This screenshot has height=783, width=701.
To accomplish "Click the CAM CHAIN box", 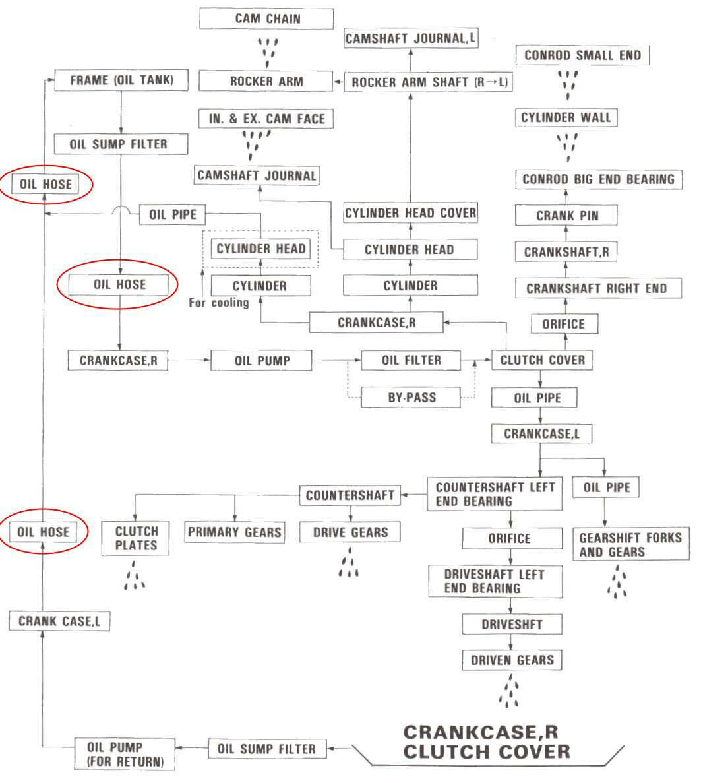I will pos(267,18).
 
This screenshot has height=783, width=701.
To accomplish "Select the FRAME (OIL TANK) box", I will pos(121,81).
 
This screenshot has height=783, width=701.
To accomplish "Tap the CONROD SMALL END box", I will pos(582,55).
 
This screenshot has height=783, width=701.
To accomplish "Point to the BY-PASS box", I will pos(411,398).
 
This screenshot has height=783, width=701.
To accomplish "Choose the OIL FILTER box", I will pos(411,361).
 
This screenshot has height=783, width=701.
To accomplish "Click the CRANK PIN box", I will pos(567,216).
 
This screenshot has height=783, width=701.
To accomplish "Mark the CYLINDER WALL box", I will pos(566,118).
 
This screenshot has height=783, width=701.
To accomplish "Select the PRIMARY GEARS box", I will pos(235,532).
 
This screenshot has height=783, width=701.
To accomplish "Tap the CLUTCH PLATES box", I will pos(136,538).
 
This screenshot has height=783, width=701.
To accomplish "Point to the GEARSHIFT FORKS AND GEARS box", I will pos(621,544).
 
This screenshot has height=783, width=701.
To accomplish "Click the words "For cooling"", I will pos(219,303).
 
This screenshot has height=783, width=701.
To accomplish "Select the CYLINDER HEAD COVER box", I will pos(410,213).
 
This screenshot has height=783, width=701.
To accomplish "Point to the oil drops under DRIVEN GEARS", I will pos(510,691).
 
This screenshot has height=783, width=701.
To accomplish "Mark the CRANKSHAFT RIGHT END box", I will pos(596,288).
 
